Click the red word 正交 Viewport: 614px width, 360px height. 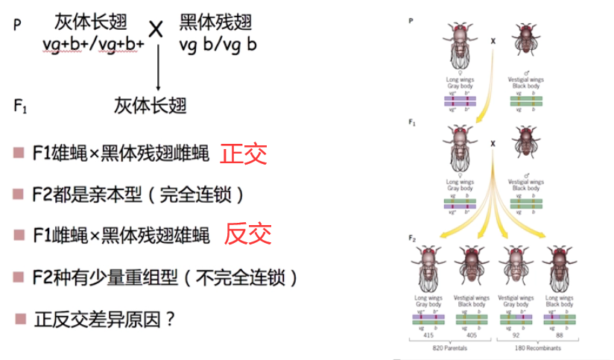pos(244,154)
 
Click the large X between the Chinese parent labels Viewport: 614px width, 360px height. pos(156,30)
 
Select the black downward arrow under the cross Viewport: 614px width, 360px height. pos(158,67)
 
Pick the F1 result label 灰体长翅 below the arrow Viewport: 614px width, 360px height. pos(150,105)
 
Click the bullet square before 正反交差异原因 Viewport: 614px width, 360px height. pos(19,319)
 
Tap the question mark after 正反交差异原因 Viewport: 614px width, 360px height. pos(170,320)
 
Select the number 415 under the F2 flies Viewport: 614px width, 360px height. pos(428,335)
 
